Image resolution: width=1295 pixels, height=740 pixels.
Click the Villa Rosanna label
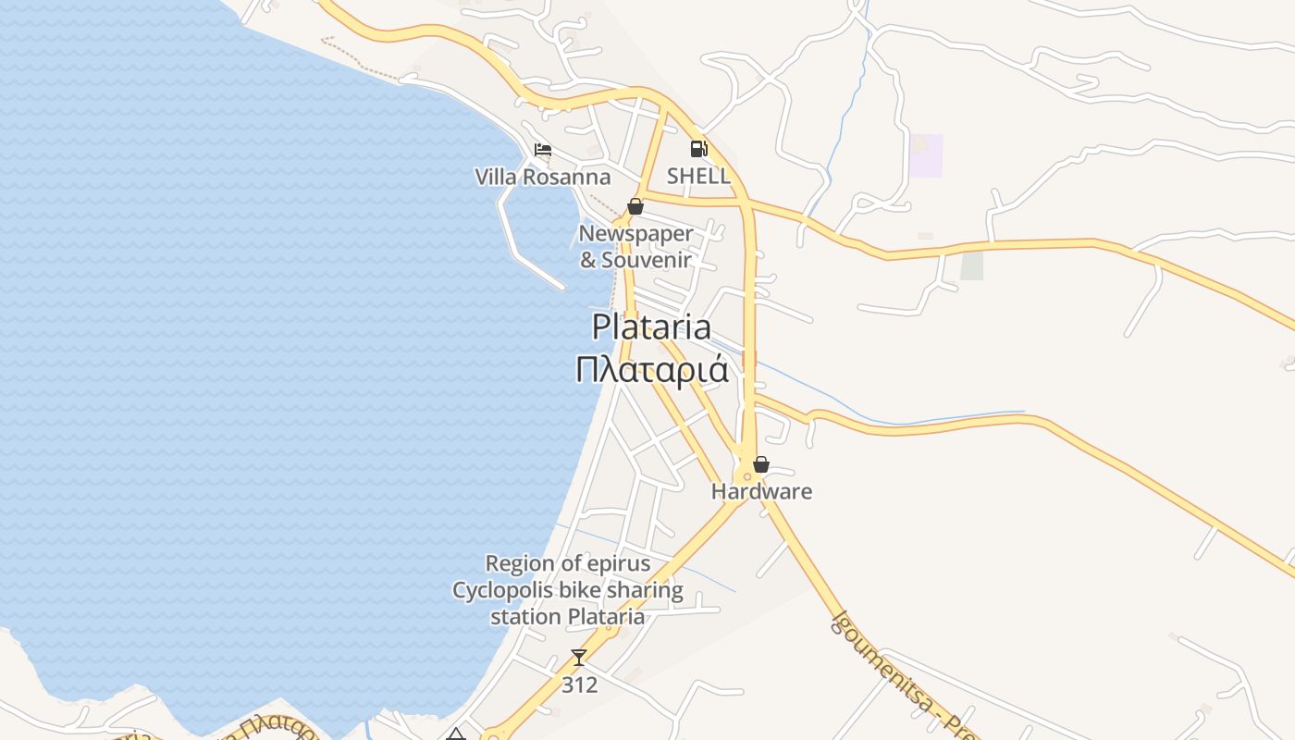point(543,177)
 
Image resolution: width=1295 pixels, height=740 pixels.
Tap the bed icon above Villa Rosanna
point(543,150)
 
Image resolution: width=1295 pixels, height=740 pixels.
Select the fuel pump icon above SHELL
point(699,149)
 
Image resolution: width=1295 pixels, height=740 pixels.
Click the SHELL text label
point(699,176)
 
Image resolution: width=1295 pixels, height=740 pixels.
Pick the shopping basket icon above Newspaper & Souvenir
point(635,206)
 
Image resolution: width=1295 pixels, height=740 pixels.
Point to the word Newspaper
point(635,233)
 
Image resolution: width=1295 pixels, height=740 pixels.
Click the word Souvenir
point(647,260)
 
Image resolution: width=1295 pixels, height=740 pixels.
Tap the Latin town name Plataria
point(651,327)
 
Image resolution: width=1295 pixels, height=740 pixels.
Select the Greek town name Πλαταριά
point(651,370)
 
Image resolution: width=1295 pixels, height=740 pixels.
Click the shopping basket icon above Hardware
point(761,464)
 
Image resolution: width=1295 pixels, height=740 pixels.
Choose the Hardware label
point(761,491)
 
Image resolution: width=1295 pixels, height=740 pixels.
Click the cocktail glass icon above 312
point(579,658)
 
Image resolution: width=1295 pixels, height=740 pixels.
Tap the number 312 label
point(579,685)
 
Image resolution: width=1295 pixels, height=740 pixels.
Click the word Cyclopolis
point(498,590)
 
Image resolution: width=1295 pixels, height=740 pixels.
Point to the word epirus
point(618,563)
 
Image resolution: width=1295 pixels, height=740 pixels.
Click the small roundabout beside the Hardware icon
point(746,477)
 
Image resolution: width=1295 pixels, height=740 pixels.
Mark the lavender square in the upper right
point(926,155)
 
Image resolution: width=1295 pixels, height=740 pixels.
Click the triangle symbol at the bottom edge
point(455,735)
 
